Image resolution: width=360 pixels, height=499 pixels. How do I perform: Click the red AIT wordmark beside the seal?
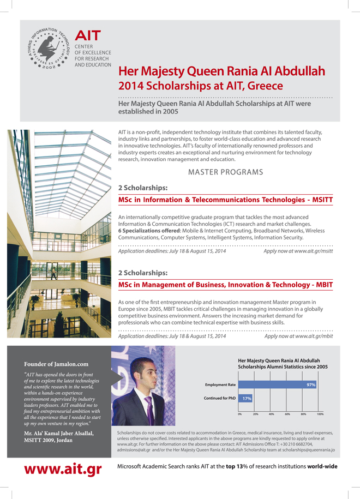[87, 35]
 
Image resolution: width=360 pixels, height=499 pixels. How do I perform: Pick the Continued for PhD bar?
[247, 398]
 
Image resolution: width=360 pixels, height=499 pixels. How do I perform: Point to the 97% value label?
[311, 385]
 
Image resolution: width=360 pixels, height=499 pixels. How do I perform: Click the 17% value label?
[247, 398]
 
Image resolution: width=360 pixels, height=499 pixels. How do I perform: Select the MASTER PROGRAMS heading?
[225, 172]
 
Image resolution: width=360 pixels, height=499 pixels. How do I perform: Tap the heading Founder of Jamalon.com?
[56, 364]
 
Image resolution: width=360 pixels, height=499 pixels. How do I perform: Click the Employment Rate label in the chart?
[220, 385]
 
